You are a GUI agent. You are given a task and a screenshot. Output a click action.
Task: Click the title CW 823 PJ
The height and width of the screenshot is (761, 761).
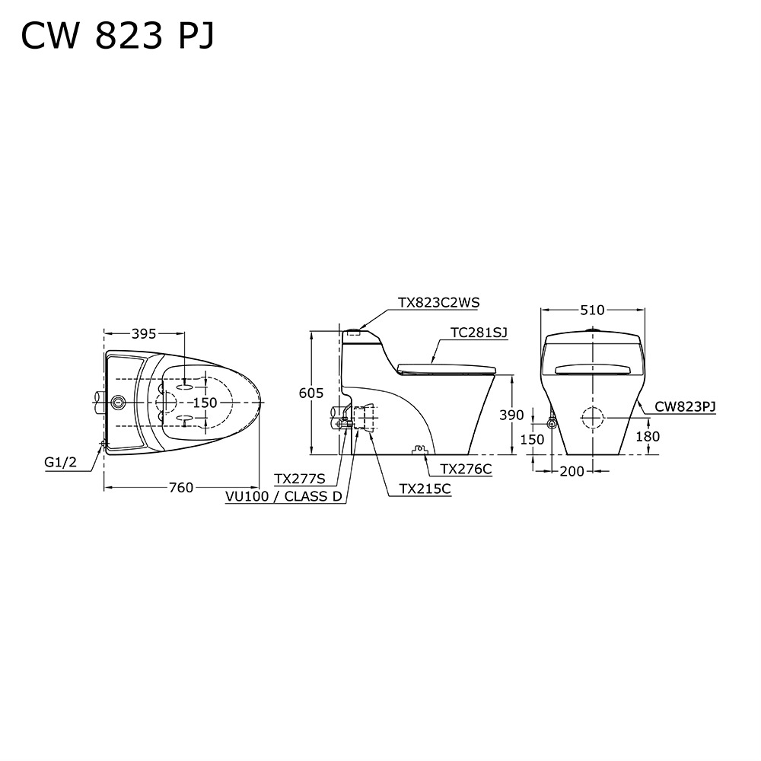117,36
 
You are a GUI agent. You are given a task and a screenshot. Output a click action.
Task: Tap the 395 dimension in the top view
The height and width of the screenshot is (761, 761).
144,334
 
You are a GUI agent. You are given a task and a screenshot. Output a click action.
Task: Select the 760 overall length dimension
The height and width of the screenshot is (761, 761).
181,487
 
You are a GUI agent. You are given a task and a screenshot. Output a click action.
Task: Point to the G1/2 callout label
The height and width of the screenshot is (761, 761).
61,462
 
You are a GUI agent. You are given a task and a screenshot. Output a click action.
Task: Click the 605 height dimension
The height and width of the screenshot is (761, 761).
311,393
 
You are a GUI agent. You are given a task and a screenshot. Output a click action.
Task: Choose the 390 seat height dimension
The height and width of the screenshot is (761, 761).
512,415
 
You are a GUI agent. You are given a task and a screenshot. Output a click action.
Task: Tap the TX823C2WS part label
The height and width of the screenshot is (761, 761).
439,302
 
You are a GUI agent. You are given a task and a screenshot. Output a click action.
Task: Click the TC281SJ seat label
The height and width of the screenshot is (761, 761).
479,333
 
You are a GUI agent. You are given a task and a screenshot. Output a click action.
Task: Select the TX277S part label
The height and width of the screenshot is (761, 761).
299,479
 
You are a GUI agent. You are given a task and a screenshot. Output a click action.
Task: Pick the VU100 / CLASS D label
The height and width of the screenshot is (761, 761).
284,496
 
